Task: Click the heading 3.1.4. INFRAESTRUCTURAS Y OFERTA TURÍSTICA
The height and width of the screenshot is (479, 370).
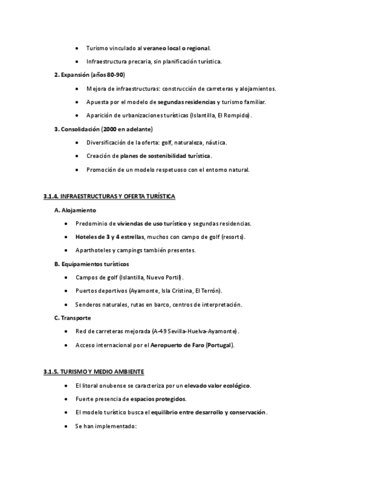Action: coord(109,196)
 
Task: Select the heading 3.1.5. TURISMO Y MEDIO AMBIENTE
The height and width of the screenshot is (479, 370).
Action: coord(93,372)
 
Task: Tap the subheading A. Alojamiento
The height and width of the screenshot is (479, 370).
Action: coord(75,210)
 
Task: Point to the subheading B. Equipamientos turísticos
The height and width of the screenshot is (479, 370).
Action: coord(92,264)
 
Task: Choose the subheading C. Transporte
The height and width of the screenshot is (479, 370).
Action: coord(72,318)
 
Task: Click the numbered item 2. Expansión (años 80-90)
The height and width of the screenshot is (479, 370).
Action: coord(90,75)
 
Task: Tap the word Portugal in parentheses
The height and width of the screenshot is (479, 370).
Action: coord(219,345)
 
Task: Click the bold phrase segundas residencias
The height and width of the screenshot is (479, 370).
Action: coord(186,102)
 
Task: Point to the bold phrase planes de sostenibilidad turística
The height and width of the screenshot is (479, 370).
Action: coord(166,156)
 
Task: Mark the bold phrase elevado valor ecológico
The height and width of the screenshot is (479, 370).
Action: coord(217,386)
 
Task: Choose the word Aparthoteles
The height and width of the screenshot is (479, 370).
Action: coord(94,250)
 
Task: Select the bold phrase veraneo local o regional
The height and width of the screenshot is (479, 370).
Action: coord(176,48)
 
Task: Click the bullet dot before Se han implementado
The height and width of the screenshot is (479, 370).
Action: coord(67,426)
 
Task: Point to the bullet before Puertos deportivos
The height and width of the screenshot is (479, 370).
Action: coord(67,291)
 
